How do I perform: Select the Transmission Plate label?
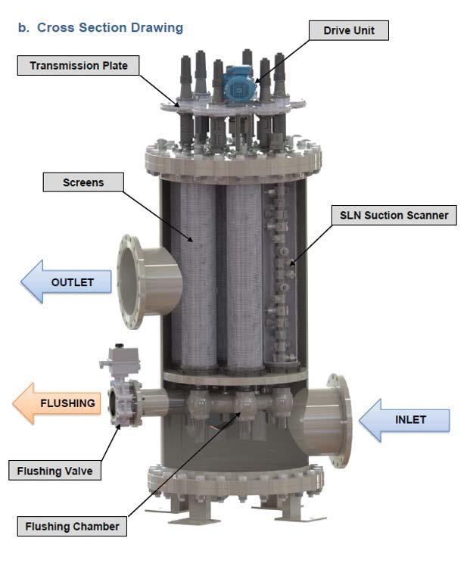pyautogui.click(x=79, y=66)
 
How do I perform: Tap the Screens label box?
pyautogui.click(x=83, y=182)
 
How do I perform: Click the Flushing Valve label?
pyautogui.click(x=54, y=471)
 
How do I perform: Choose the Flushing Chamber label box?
pyautogui.click(x=72, y=526)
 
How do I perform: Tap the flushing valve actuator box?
pyautogui.click(x=120, y=356)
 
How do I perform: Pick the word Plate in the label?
pyautogui.click(x=113, y=66)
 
